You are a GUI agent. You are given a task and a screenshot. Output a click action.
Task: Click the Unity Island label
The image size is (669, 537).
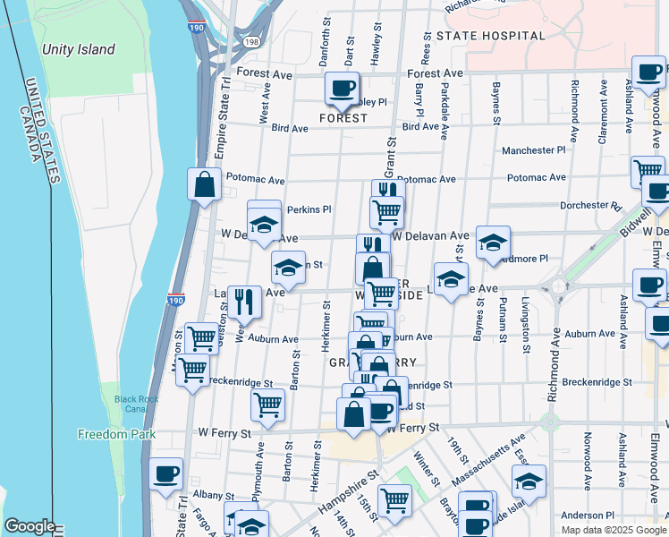[x=78, y=50]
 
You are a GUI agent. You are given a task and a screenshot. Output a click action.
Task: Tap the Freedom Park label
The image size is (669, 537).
[x=116, y=435]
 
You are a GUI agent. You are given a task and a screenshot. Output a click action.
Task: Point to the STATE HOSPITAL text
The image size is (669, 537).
[x=490, y=36]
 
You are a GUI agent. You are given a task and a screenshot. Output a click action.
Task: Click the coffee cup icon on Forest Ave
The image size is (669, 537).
[x=342, y=89]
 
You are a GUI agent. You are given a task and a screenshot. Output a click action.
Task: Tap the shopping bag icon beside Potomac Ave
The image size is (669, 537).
[x=204, y=184]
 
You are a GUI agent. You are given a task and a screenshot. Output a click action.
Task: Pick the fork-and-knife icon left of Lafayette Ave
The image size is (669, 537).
[x=244, y=302]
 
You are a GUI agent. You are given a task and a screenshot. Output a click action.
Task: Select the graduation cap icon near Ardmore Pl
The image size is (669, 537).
[x=493, y=243]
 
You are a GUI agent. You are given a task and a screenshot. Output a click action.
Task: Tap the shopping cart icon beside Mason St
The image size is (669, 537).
[x=193, y=369]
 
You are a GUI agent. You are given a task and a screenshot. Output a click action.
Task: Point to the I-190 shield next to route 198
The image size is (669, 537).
[x=196, y=28]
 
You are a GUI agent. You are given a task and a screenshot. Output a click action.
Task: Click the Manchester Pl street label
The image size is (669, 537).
[x=534, y=151]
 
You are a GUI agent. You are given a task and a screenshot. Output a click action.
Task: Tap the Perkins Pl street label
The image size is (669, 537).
[x=309, y=209]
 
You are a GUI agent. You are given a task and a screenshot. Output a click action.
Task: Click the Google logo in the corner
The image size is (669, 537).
[x=29, y=527]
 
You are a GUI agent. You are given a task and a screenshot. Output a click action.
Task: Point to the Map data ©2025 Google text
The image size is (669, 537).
[x=613, y=530]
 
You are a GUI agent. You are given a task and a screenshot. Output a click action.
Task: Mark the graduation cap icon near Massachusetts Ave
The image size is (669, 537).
[x=529, y=482]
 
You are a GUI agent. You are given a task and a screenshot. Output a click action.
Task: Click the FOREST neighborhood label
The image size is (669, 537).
[x=343, y=118]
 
